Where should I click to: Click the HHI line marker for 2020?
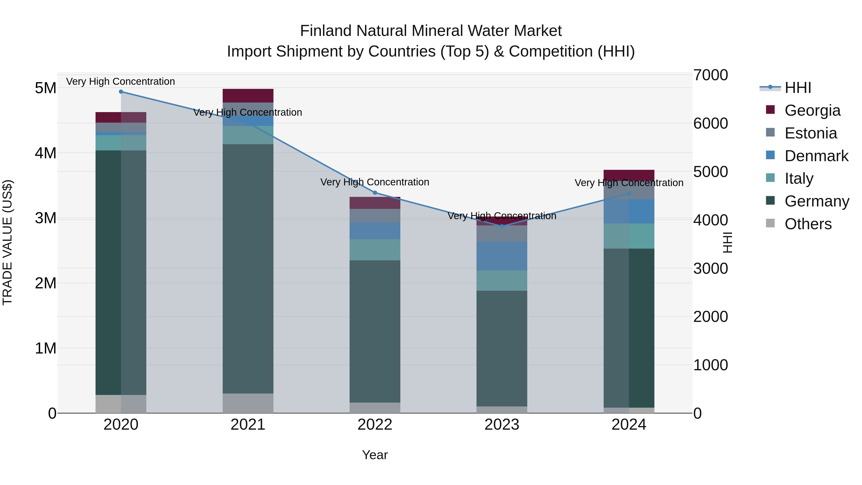121,92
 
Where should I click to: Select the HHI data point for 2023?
502,227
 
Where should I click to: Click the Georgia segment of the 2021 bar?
248,96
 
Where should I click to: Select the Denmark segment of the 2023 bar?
502,256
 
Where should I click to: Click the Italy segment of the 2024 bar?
629,236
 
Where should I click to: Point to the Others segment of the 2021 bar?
248,403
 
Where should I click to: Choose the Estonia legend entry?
811,133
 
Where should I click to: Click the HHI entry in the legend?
798,88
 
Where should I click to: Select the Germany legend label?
817,201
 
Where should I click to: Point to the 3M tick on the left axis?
45,218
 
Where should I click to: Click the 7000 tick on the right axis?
710,75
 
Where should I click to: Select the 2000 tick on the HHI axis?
710,317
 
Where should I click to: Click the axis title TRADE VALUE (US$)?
7,242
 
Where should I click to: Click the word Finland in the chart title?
326,31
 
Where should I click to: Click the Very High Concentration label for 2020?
120,81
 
